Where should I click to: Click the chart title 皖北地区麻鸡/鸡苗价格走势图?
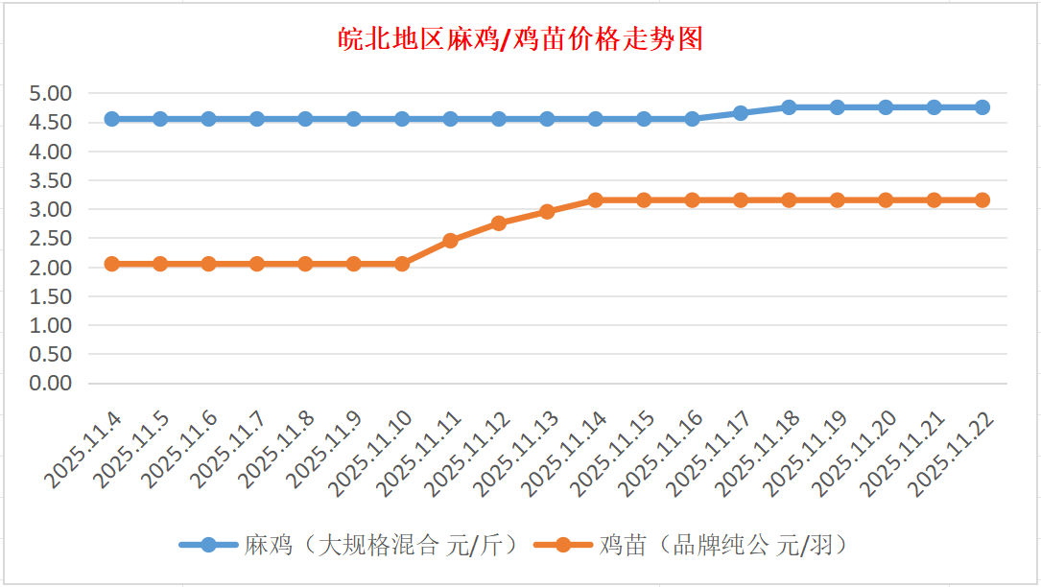[521, 39]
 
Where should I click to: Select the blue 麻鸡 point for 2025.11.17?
[741, 113]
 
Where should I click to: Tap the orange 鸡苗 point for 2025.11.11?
[450, 241]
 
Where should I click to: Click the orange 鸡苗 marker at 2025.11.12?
[499, 223]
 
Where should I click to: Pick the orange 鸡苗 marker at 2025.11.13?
[547, 212]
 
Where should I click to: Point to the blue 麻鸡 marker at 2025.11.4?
[111, 119]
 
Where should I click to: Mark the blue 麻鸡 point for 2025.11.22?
[982, 107]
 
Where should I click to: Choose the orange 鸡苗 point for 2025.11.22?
[982, 200]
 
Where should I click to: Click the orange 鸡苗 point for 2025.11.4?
[111, 264]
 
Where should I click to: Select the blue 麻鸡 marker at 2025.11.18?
[789, 107]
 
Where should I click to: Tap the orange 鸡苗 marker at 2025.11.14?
[595, 200]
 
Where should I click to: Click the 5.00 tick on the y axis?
[51, 94]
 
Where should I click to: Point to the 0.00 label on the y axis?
[51, 384]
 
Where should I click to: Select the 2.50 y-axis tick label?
[51, 239]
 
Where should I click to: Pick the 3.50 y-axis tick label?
[51, 181]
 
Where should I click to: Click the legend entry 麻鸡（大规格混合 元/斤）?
[351, 546]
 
